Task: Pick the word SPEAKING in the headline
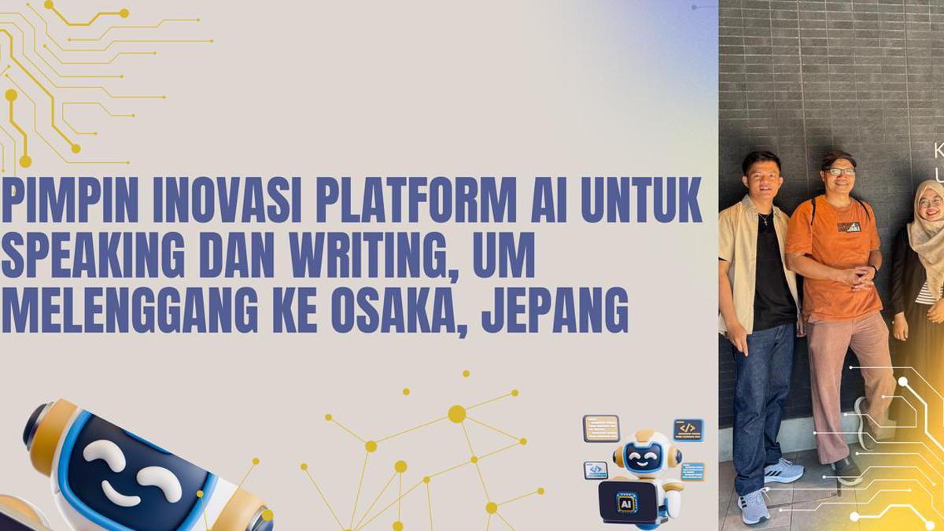(94, 256)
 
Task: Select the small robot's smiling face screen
(643, 457)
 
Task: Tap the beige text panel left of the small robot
(601, 428)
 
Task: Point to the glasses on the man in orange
(840, 171)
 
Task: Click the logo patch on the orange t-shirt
(848, 227)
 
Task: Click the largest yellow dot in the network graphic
(456, 414)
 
